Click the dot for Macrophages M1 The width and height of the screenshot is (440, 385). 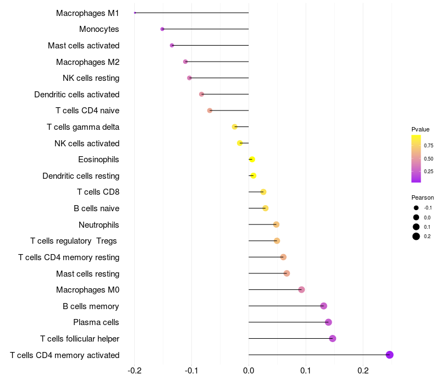(135, 13)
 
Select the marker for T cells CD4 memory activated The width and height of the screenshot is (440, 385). (389, 355)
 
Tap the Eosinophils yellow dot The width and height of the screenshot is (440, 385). (252, 159)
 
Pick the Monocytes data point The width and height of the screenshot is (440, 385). (162, 29)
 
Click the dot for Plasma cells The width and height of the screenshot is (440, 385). (328, 322)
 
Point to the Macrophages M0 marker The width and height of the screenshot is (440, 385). (301, 290)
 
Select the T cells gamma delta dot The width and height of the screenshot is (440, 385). (235, 127)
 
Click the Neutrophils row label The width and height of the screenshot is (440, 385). (99, 225)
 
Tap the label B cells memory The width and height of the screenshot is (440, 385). (91, 306)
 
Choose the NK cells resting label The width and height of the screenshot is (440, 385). (91, 78)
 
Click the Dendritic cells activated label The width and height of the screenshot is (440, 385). (77, 94)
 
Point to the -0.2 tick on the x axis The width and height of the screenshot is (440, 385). (134, 371)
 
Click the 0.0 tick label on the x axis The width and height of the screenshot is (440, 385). (249, 371)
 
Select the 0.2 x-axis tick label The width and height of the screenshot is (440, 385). (363, 371)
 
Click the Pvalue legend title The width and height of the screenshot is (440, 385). (420, 129)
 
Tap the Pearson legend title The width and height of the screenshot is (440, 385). (422, 197)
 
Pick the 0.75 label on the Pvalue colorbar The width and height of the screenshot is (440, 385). (428, 146)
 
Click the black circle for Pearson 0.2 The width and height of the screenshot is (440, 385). (416, 237)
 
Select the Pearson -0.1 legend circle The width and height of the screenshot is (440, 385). (416, 208)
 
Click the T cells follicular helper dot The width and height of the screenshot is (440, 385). (333, 338)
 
